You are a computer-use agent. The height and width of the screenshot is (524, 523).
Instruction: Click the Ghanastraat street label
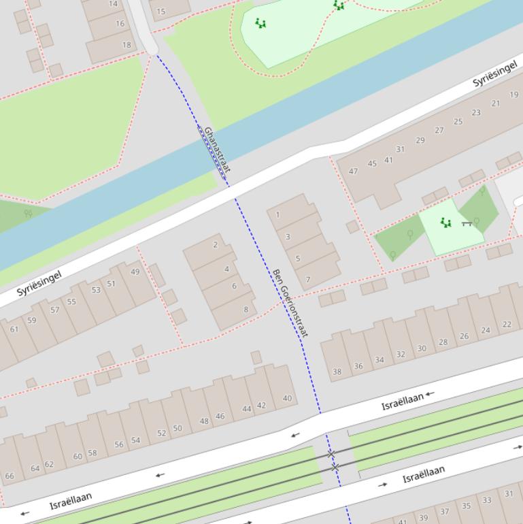pos(217,150)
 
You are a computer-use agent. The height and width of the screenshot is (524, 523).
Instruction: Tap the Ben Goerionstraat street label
pos(290,303)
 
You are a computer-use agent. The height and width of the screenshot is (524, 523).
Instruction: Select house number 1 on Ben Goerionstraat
pos(277,215)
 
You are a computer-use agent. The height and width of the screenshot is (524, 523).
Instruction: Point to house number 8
pos(246,310)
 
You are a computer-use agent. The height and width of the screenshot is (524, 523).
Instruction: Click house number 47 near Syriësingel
pos(353,171)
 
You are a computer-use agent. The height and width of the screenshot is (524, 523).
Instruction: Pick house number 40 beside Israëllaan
pos(287,399)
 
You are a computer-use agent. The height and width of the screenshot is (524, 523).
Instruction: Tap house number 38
pos(337,372)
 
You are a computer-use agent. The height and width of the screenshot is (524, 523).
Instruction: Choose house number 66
pos(10,476)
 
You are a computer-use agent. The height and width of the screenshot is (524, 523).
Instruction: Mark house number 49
pos(135,272)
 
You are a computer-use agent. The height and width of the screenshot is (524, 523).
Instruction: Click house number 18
pos(126,45)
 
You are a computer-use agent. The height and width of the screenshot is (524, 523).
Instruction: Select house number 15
pos(161,12)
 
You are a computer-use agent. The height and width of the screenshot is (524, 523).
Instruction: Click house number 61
pos(14,329)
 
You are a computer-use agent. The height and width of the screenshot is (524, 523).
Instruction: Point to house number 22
pos(507,325)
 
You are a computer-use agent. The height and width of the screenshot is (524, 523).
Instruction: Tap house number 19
pos(513,95)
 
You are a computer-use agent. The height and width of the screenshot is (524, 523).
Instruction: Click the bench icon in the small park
pos(467,223)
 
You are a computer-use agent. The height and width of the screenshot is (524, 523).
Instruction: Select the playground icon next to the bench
pos(446,223)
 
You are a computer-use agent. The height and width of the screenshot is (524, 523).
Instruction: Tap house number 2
pos(216,245)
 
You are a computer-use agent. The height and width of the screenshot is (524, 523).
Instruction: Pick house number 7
pos(308,279)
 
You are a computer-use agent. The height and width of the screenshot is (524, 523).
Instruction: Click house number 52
pos(161,433)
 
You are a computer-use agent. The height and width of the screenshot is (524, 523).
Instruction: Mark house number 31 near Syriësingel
pos(400,149)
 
